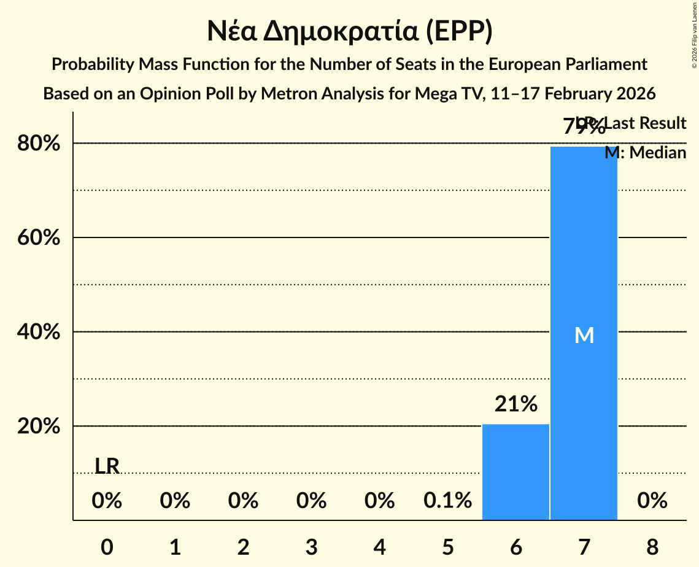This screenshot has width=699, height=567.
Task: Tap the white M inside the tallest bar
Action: (x=584, y=335)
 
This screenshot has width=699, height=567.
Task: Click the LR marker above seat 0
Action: (x=107, y=466)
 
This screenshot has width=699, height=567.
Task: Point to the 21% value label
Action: (x=516, y=404)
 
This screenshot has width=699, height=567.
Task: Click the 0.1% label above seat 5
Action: (x=447, y=501)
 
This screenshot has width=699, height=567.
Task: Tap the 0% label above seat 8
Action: (x=652, y=501)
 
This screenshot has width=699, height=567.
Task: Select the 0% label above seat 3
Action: (x=311, y=501)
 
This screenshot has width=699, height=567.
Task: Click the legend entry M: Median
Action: (x=645, y=152)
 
